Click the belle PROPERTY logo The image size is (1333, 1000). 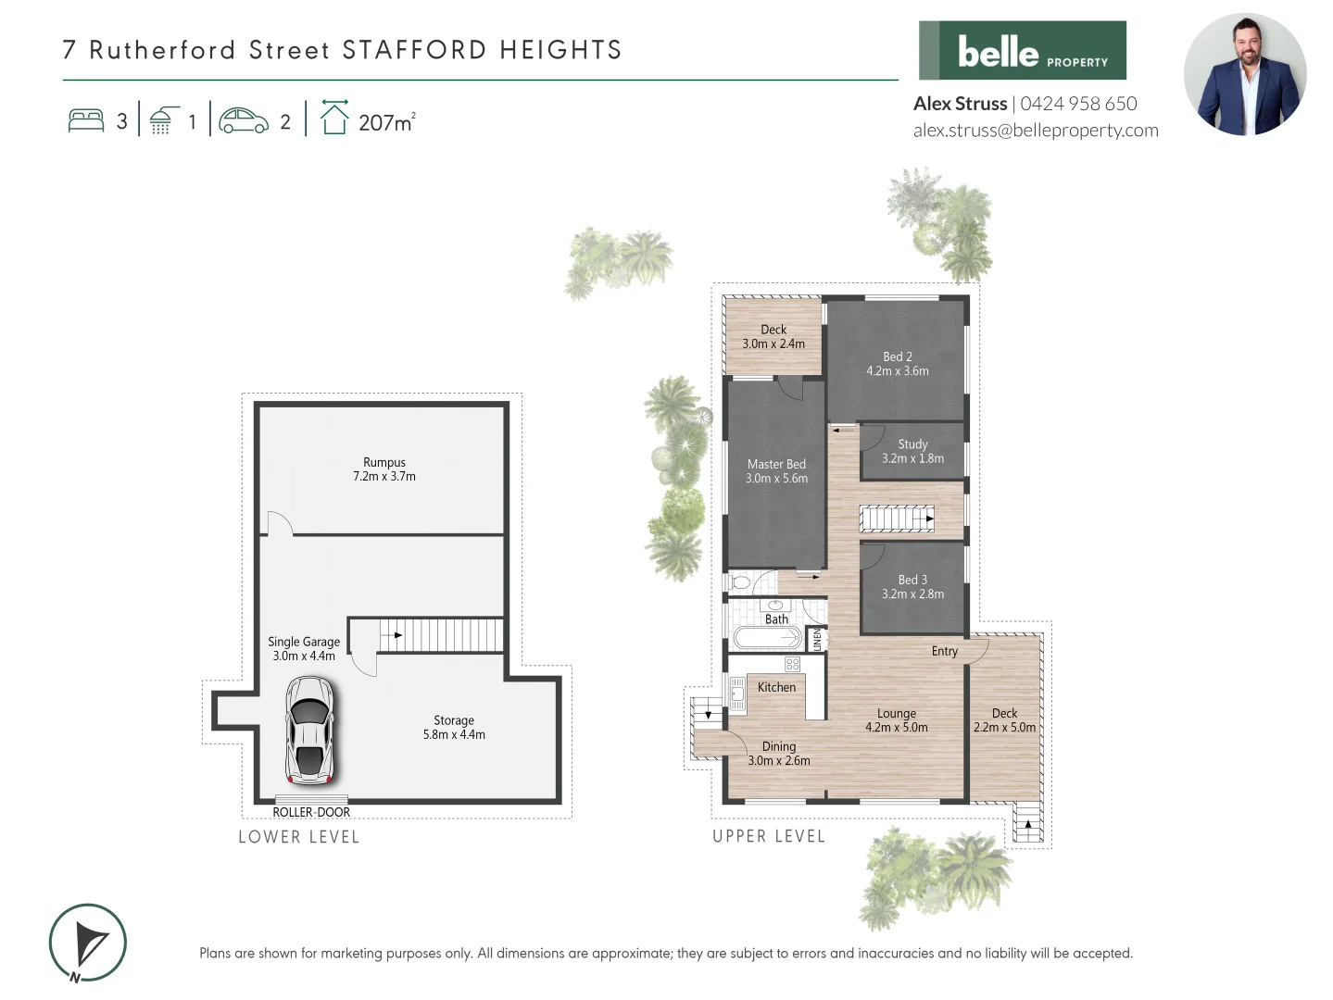pyautogui.click(x=1022, y=51)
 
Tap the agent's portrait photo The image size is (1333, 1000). pyautogui.click(x=1244, y=75)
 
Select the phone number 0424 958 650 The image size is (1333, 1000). pyautogui.click(x=1078, y=104)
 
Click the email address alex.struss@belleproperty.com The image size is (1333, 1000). pyautogui.click(x=1035, y=131)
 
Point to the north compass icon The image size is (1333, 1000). pyautogui.click(x=88, y=943)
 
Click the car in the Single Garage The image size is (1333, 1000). pyautogui.click(x=309, y=731)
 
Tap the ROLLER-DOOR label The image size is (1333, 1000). pyautogui.click(x=311, y=812)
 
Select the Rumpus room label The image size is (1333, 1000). pyautogui.click(x=384, y=469)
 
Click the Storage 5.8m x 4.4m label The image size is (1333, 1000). pyautogui.click(x=454, y=727)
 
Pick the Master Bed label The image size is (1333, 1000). pyautogui.click(x=776, y=471)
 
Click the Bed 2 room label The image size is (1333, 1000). pyautogui.click(x=897, y=364)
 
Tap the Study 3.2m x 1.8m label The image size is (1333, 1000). pyautogui.click(x=912, y=452)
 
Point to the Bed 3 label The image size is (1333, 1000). pyautogui.click(x=912, y=587)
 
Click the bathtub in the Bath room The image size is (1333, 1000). pyautogui.click(x=767, y=638)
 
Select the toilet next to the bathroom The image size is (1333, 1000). pyautogui.click(x=739, y=582)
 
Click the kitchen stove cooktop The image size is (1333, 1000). pyautogui.click(x=792, y=664)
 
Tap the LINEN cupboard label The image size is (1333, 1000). pyautogui.click(x=817, y=639)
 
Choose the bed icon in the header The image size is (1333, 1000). pyautogui.click(x=86, y=121)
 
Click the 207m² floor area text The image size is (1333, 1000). pyautogui.click(x=386, y=122)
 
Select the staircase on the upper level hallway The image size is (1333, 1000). pyautogui.click(x=896, y=519)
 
